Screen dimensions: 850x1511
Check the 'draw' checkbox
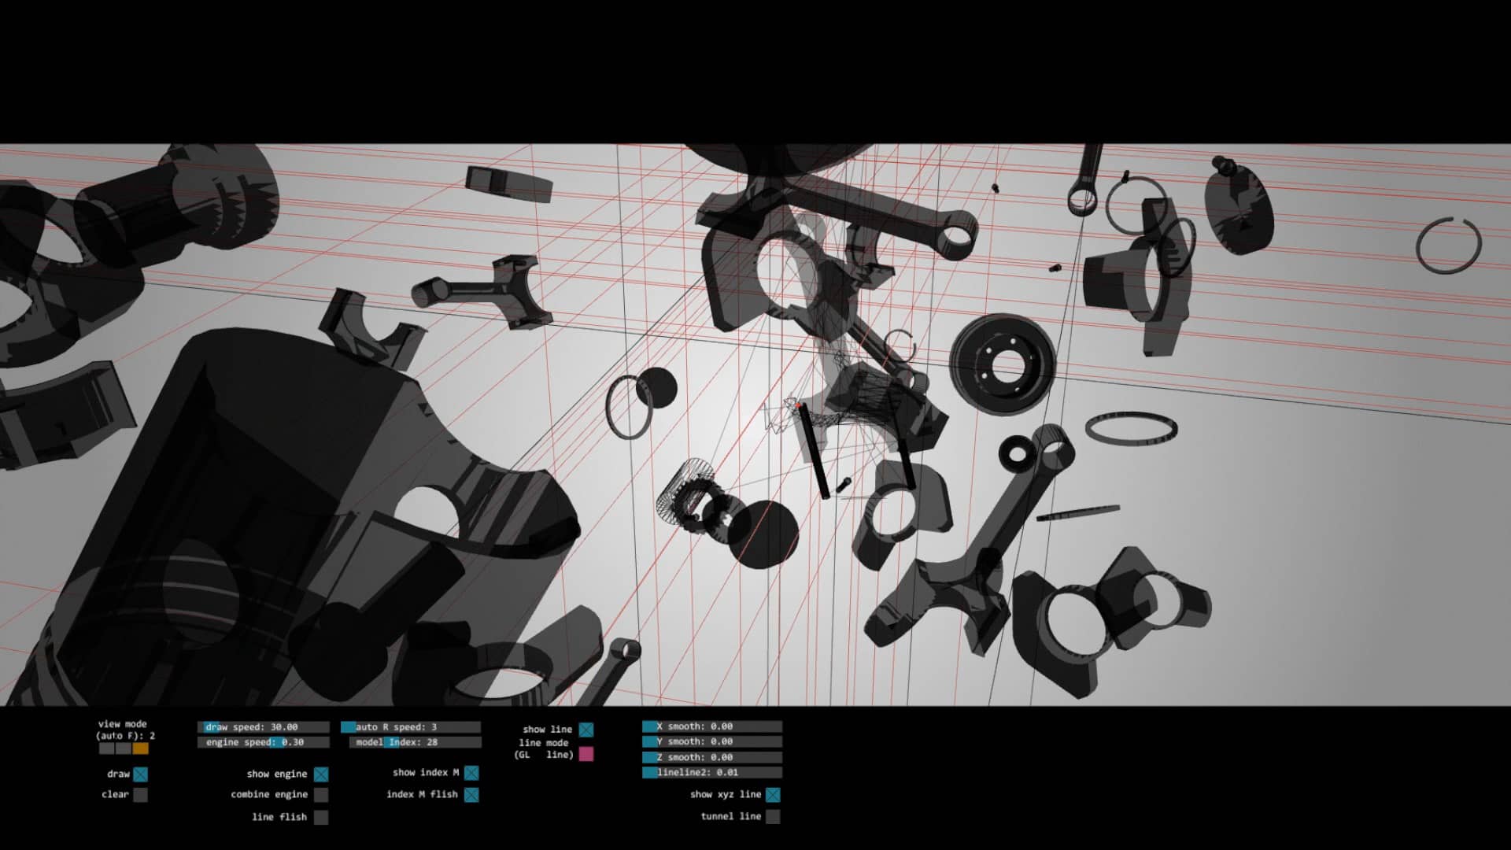point(140,774)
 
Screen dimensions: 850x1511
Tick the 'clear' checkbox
point(140,795)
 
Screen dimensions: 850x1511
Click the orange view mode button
point(140,748)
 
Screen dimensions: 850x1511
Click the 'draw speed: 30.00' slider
point(263,727)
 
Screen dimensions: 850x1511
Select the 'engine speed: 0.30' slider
point(263,742)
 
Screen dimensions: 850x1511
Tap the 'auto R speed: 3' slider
point(410,727)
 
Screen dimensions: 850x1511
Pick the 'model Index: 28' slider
point(415,742)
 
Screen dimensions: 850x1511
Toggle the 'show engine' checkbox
point(321,774)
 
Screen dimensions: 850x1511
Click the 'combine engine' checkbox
point(321,795)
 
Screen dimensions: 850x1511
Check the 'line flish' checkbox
point(321,817)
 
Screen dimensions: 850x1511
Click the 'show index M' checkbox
point(471,773)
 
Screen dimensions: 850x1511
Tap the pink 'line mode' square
point(586,754)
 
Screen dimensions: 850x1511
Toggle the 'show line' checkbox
point(586,730)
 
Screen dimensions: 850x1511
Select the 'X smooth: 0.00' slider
point(711,726)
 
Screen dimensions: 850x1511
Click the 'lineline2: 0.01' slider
point(711,773)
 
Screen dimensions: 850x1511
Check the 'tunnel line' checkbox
point(773,817)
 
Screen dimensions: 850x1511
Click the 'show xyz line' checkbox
point(773,795)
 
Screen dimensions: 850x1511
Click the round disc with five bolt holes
point(1002,363)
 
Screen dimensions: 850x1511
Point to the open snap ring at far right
point(1448,246)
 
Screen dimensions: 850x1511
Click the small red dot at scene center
point(798,406)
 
